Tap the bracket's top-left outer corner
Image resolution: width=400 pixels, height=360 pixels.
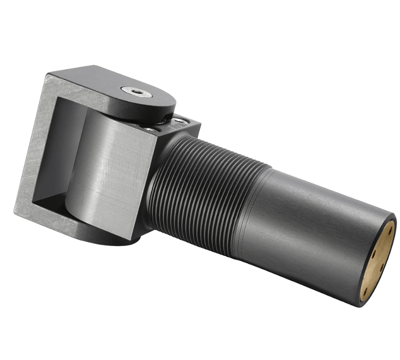(x=48, y=74)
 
